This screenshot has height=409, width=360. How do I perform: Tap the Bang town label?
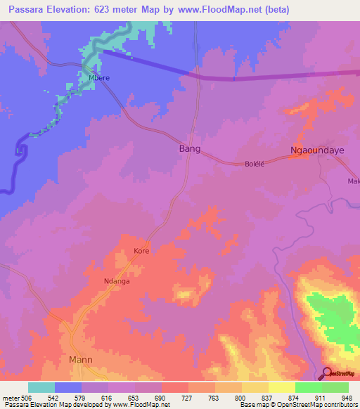coord(190,149)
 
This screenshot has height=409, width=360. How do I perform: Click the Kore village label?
coord(142,250)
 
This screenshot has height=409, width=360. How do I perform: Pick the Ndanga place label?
coord(117,281)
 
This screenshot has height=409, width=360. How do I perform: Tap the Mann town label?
coord(81,360)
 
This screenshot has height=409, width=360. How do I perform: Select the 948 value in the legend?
coord(347,397)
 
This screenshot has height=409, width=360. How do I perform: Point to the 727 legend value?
coord(188,397)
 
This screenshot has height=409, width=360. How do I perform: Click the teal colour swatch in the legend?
coord(41,387)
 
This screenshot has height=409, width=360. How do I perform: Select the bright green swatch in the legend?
coord(308,387)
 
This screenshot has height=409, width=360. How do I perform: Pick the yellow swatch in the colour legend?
coord(281,387)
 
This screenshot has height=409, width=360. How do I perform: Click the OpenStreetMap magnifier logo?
coord(328,374)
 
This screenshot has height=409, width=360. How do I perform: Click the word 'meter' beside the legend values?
coord(11,397)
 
